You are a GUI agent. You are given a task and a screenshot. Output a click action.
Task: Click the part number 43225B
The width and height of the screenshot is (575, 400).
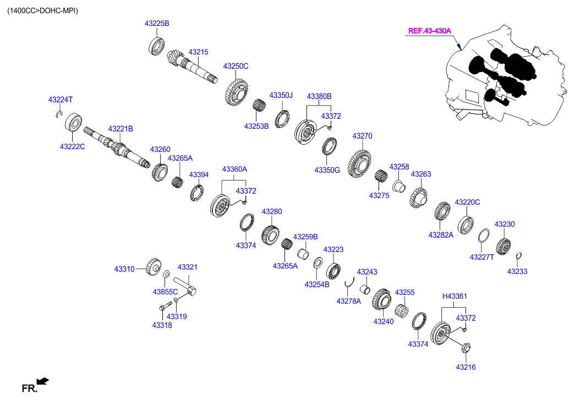(x=157, y=24)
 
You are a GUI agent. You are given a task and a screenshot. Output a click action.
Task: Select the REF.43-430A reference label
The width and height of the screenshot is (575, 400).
(x=429, y=31)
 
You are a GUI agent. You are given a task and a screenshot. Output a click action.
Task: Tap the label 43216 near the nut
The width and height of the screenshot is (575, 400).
(x=465, y=367)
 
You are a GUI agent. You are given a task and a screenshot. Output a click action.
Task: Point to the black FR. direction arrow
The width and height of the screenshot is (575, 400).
(x=42, y=380)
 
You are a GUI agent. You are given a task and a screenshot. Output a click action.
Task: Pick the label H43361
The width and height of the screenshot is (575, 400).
(x=454, y=297)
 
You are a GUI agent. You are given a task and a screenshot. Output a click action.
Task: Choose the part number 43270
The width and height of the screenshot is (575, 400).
(x=363, y=135)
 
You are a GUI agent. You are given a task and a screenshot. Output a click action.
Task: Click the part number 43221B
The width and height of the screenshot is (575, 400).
(x=120, y=129)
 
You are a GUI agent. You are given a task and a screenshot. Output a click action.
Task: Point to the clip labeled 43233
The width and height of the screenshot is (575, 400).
(x=519, y=255)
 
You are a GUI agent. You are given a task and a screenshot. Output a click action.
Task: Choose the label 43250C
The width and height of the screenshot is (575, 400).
(x=236, y=66)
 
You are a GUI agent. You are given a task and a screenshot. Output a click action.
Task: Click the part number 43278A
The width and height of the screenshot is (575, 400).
(x=348, y=300)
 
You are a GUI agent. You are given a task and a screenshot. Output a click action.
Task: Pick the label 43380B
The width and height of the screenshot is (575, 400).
(x=319, y=96)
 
